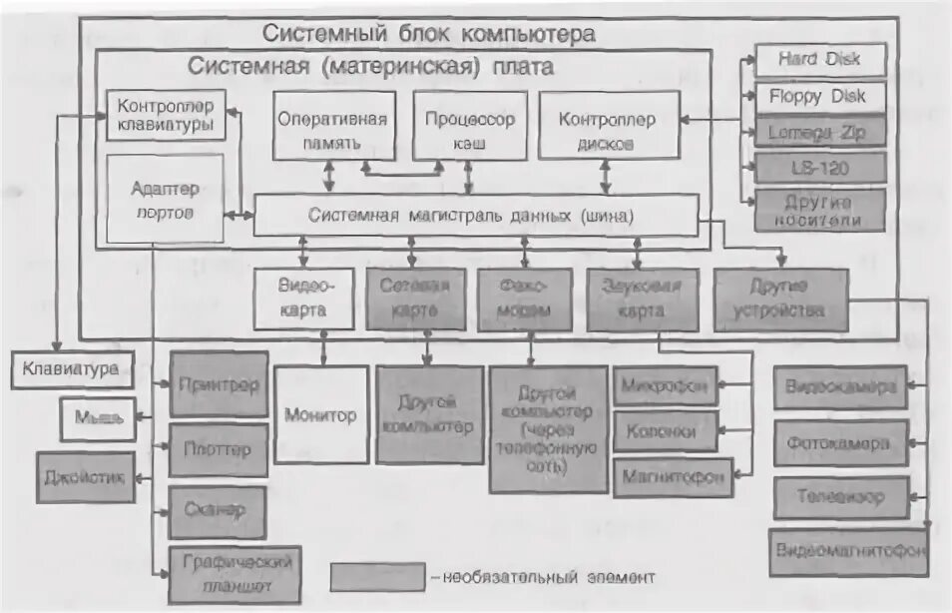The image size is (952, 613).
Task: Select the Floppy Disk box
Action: (x=819, y=97)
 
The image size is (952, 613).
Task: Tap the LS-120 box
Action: (x=819, y=168)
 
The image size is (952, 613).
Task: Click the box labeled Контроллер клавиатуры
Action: (x=166, y=116)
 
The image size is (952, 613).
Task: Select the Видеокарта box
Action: (x=303, y=299)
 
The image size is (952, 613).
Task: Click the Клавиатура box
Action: (x=71, y=370)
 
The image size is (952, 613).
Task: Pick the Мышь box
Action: (x=97, y=420)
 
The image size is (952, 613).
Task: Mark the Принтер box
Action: (x=219, y=384)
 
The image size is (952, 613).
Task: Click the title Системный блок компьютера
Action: (x=429, y=33)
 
